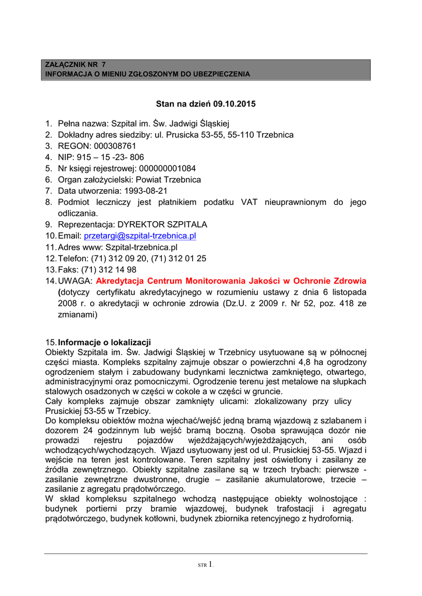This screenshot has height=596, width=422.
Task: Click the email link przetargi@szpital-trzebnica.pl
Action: click(x=140, y=236)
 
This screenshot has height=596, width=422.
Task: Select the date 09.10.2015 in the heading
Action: click(x=236, y=104)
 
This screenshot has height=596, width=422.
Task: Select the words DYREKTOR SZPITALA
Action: click(x=162, y=225)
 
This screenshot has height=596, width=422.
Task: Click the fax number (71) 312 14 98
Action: click(x=109, y=269)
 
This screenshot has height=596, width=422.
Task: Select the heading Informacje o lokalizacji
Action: click(x=104, y=342)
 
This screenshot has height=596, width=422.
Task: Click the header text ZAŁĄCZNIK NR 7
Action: click(x=76, y=64)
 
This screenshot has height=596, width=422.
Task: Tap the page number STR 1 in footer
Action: click(x=206, y=564)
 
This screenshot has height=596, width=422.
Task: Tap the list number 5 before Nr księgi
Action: click(x=49, y=169)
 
